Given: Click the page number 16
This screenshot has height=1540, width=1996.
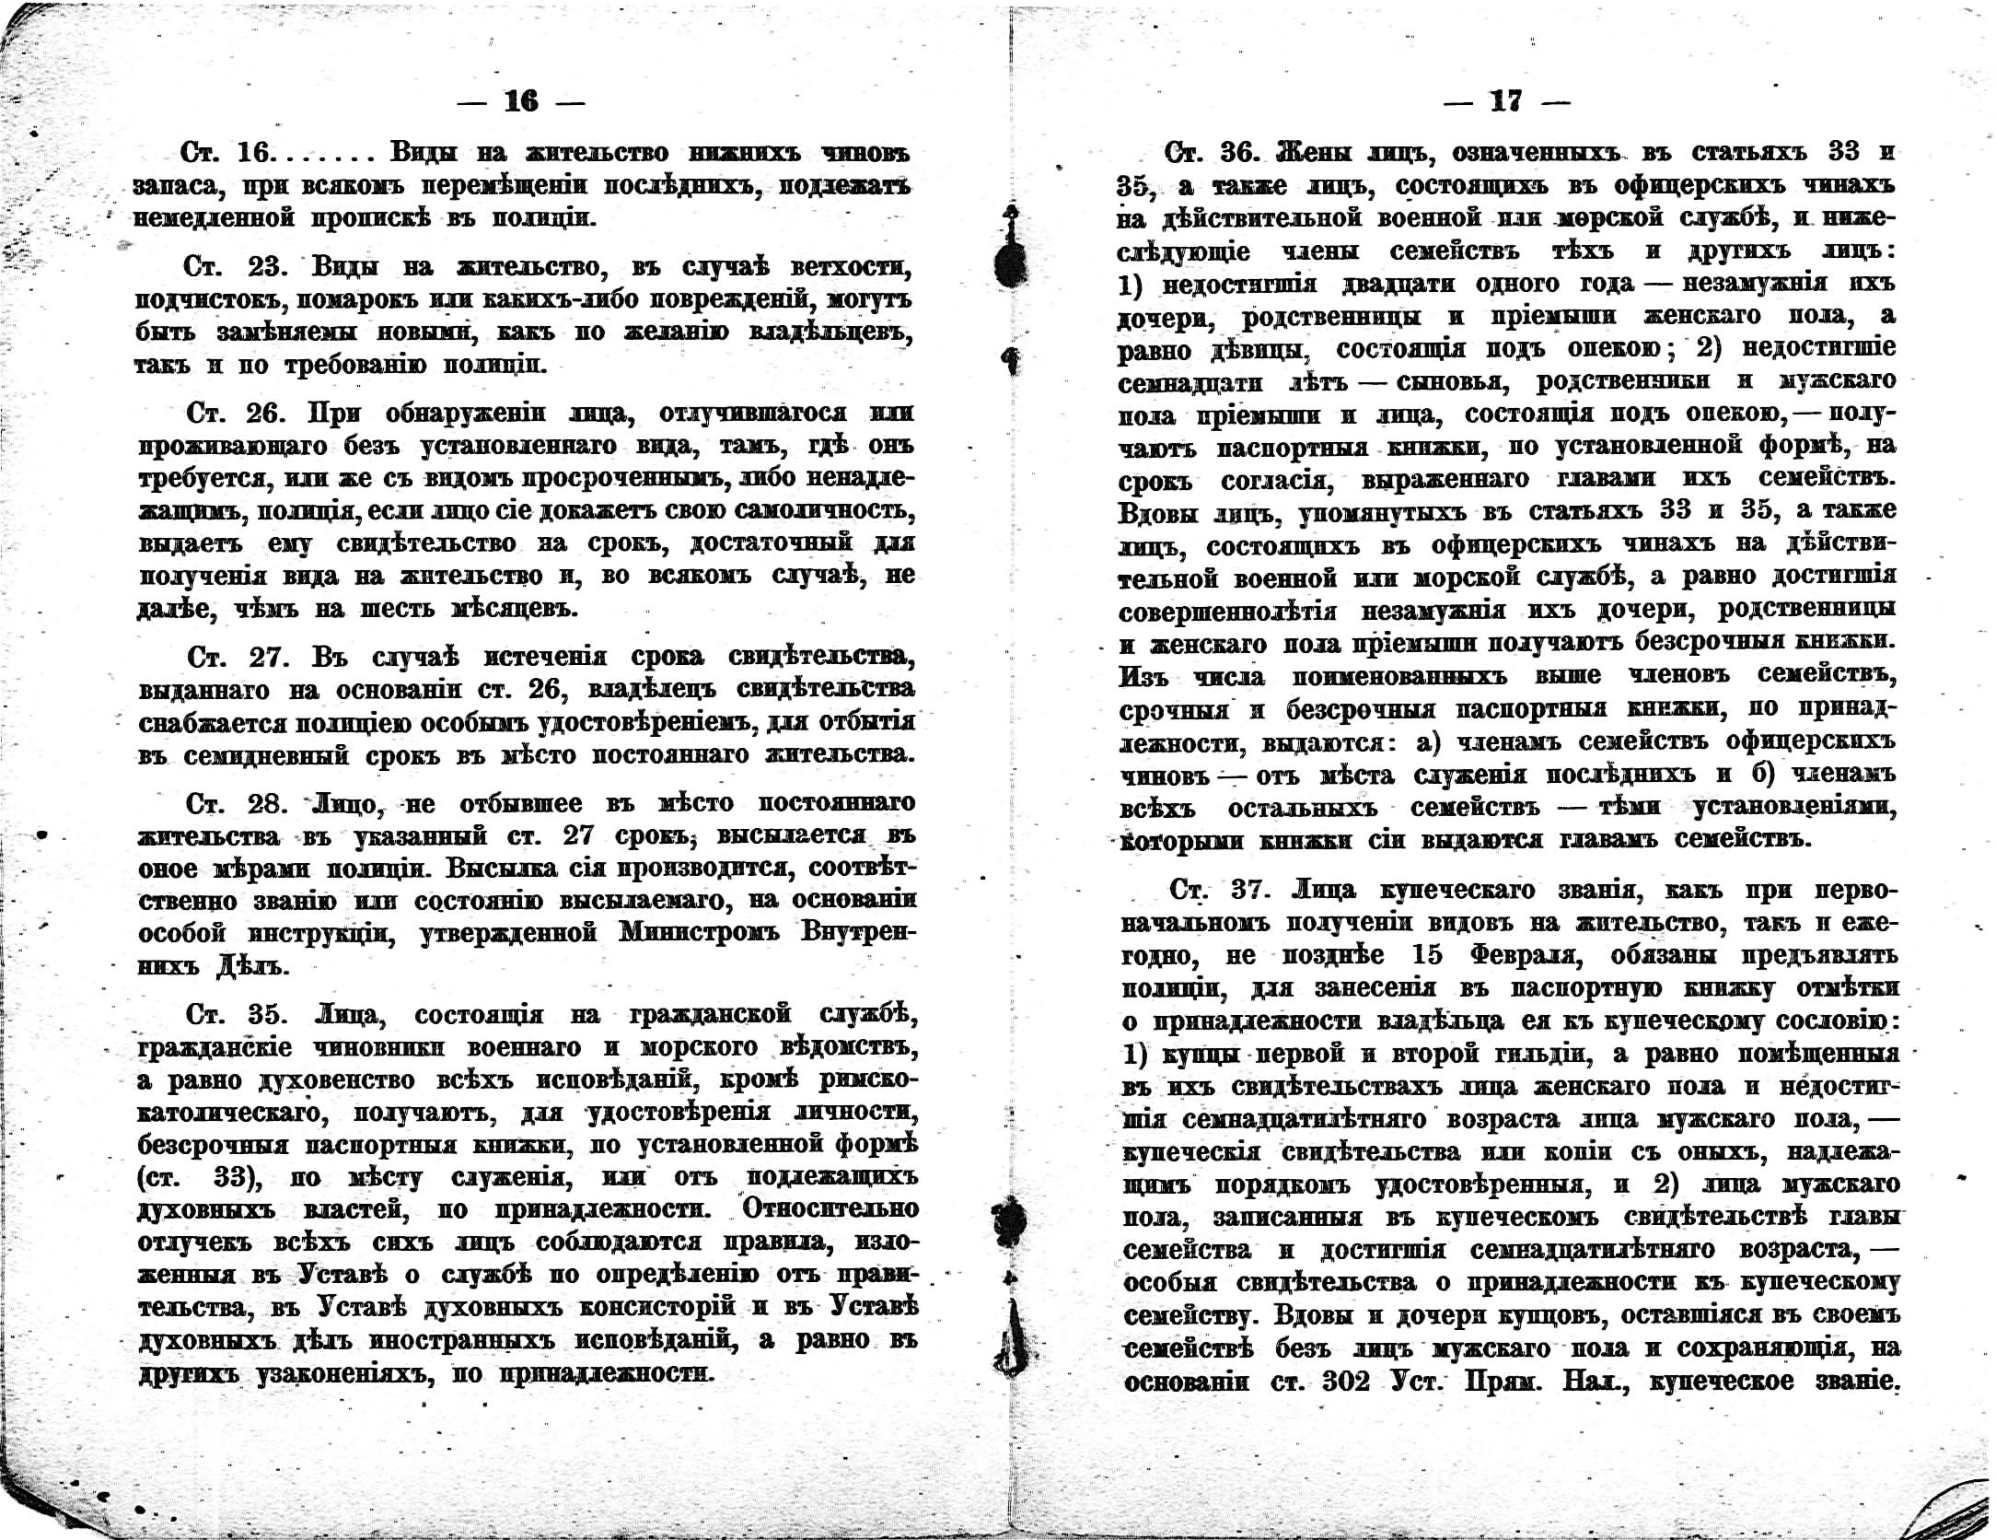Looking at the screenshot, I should point(521,101).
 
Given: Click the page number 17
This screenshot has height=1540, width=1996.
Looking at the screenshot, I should point(1505,101).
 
